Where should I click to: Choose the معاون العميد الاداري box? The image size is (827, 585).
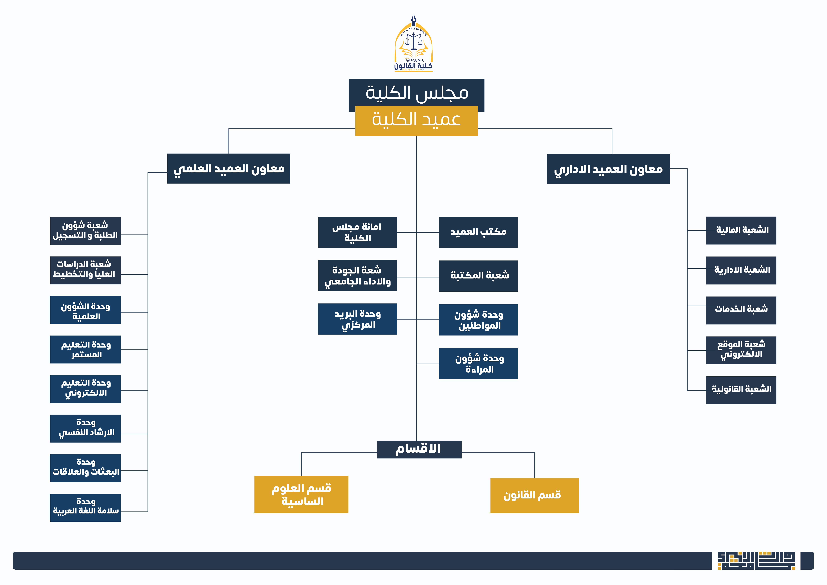point(608,169)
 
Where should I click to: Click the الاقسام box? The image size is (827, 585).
point(419,449)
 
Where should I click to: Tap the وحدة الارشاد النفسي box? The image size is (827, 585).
point(85,428)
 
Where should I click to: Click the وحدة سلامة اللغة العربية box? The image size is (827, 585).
point(85,507)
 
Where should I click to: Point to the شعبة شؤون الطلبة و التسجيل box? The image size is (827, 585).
point(85,230)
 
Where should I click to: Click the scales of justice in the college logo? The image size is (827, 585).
point(413,41)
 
